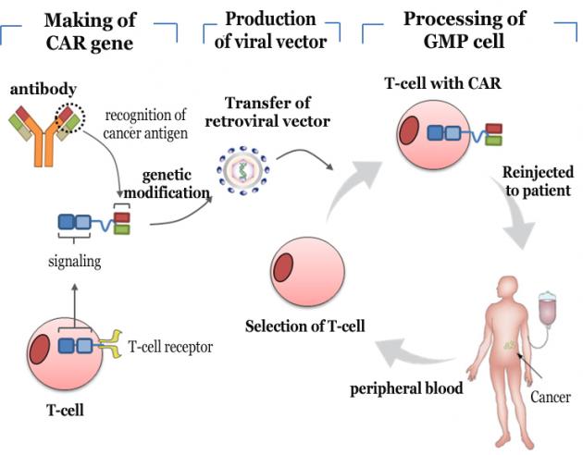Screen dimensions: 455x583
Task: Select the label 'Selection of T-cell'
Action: (x=304, y=326)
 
